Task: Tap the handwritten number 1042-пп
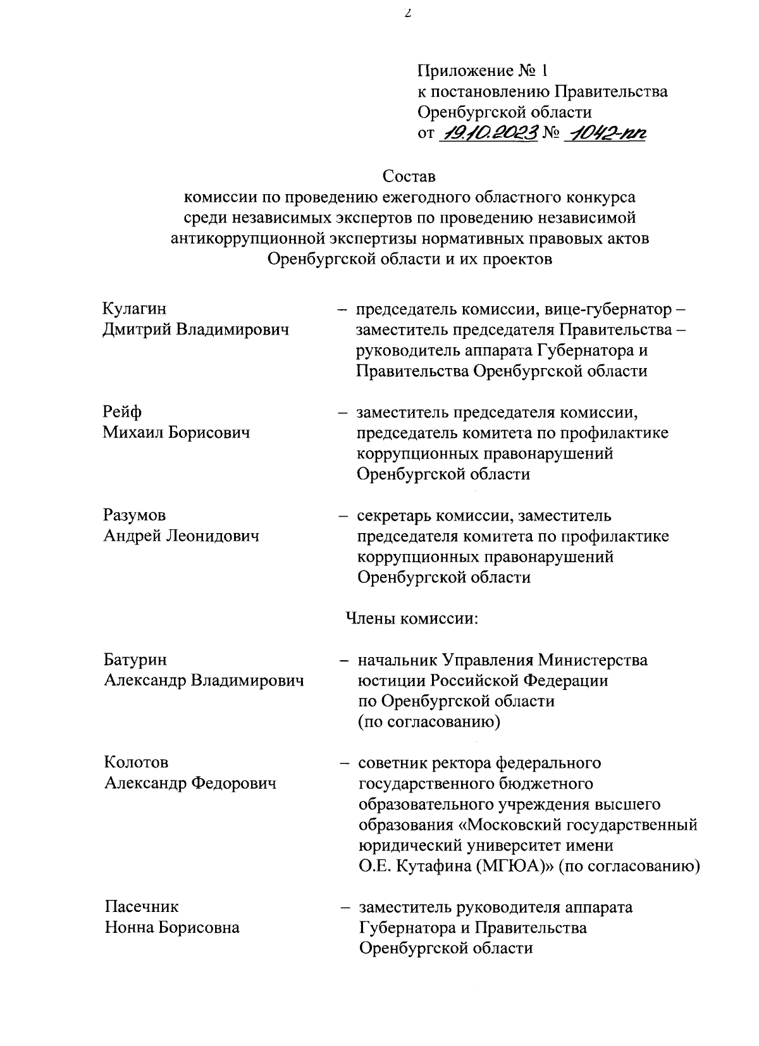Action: click(607, 133)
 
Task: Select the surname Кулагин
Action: click(134, 309)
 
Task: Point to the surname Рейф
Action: click(123, 412)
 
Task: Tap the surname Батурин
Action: click(135, 660)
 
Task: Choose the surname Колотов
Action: click(137, 763)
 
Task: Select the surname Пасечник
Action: click(142, 907)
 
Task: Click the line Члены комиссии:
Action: click(411, 618)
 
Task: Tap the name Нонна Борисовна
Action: click(172, 928)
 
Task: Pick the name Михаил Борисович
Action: click(176, 433)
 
